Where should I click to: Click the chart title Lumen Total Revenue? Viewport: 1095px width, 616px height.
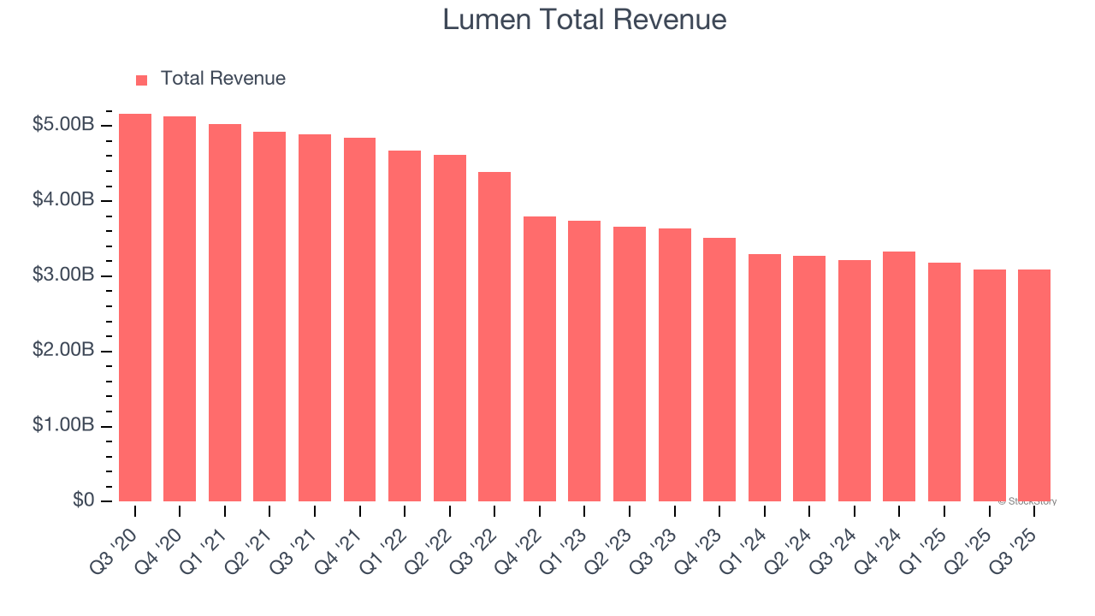(x=584, y=20)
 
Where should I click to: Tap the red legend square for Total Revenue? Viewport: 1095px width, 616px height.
(x=142, y=80)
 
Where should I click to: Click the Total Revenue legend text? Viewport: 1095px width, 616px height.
(x=222, y=79)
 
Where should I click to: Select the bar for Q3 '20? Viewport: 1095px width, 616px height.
(x=135, y=308)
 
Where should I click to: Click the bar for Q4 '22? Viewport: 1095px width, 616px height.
(x=540, y=359)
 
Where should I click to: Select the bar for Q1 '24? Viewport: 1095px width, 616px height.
(x=764, y=377)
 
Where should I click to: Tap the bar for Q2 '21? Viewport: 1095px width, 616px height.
(x=269, y=317)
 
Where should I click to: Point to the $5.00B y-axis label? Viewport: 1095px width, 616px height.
(x=63, y=125)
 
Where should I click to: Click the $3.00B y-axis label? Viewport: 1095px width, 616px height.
(x=63, y=275)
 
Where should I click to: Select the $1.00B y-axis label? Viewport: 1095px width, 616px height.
(x=63, y=425)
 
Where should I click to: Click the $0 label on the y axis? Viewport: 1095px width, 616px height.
(x=83, y=500)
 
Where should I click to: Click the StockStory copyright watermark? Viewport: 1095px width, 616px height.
(x=1027, y=501)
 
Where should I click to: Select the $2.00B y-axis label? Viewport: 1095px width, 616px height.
(x=63, y=351)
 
